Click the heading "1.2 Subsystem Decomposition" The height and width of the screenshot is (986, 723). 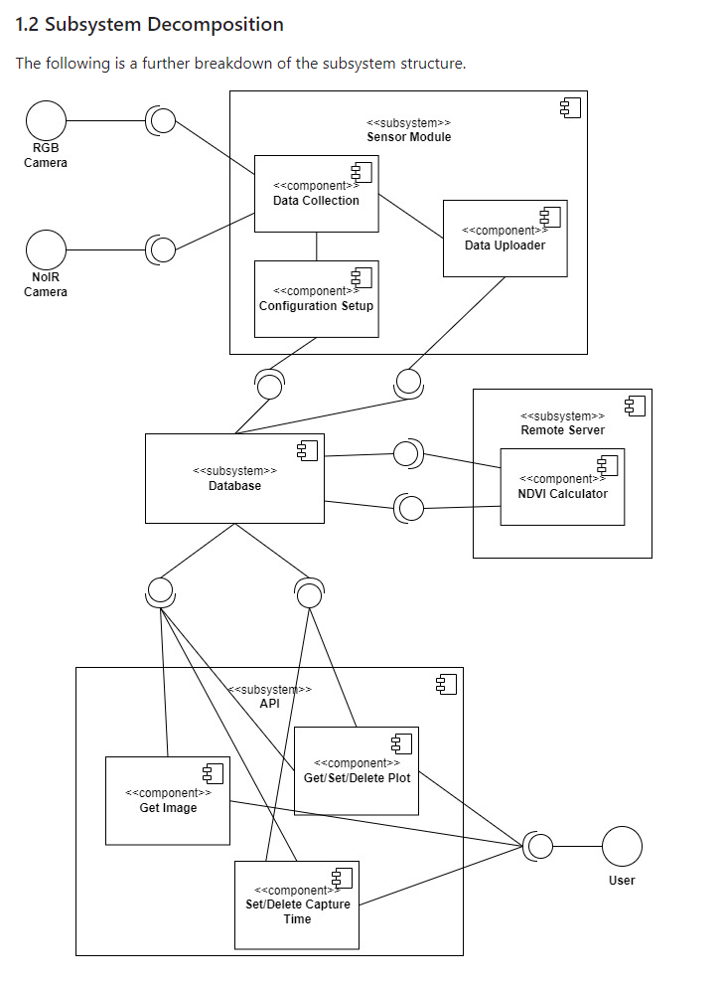click(150, 25)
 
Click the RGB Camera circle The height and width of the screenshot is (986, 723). click(46, 121)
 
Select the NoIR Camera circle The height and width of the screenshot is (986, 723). click(46, 248)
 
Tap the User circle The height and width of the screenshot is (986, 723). click(622, 847)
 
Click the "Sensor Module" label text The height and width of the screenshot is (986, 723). click(408, 137)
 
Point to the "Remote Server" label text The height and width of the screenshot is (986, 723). click(562, 430)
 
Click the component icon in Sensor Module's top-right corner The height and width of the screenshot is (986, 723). click(570, 108)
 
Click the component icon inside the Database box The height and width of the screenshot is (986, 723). click(307, 451)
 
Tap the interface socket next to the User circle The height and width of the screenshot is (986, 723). click(537, 847)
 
